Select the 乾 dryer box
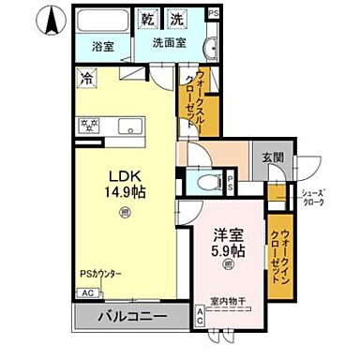[148, 18]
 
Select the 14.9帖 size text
[124, 193]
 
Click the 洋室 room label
[227, 235]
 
